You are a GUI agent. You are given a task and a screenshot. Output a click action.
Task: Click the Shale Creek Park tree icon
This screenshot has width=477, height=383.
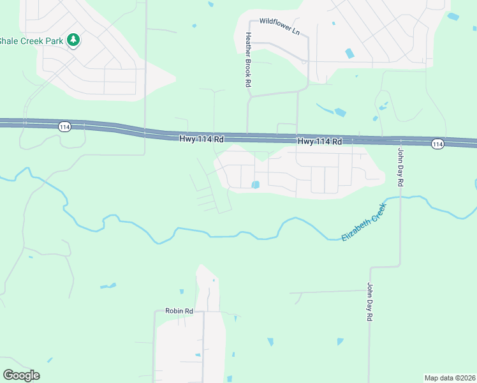click(74, 40)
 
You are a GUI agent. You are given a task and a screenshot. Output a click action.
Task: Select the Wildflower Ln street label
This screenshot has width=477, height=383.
click(278, 21)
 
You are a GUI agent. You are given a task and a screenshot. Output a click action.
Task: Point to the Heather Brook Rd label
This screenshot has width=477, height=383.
click(248, 60)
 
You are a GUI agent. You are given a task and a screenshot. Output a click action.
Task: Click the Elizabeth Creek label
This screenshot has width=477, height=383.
click(363, 222)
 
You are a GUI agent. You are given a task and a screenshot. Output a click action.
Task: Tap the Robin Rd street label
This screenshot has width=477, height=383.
click(179, 311)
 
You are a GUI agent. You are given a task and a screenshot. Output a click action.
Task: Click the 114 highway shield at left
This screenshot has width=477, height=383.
click(64, 126)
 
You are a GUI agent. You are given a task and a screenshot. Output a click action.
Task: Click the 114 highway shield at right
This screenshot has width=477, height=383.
click(437, 144)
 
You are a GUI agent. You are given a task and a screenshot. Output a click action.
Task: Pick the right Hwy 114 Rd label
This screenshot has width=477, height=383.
click(320, 141)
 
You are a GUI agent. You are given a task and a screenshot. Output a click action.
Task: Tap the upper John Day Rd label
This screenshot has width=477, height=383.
click(401, 167)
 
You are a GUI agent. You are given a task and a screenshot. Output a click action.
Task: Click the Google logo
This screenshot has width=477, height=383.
click(21, 375)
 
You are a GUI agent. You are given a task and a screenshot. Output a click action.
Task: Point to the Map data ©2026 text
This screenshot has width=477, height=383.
click(450, 378)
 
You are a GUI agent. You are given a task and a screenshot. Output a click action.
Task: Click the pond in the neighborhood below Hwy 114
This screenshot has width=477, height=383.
click(255, 185)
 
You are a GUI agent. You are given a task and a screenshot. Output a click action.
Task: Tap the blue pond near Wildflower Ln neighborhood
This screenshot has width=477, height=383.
click(349, 54)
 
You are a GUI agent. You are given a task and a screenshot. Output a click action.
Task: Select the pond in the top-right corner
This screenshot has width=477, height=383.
click(453, 16)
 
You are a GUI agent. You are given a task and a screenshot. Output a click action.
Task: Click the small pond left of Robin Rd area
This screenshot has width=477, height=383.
click(108, 285)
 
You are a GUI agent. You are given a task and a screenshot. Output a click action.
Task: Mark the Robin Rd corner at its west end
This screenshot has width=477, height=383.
click(155, 312)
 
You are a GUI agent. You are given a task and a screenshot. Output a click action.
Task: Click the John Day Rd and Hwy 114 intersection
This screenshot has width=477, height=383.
click(400, 142)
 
